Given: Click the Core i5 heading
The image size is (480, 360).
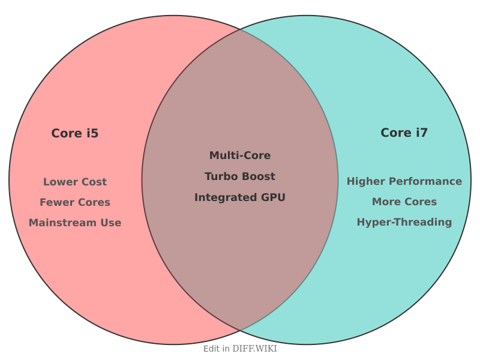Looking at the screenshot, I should pos(75,133).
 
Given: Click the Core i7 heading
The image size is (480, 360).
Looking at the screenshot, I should pos(404,133).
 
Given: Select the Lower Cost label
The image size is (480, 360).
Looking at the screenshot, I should pos(75,182).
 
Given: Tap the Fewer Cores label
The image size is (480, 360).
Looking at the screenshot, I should pos(75,202).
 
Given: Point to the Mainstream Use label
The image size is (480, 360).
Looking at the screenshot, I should pos(75,223).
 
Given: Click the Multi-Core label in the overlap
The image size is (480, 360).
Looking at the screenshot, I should pos(240,155).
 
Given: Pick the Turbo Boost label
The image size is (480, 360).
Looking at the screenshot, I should pos(240,176).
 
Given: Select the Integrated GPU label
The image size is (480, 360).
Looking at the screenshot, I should pos(240,197).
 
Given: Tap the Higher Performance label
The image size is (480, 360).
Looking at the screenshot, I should pos(404,181).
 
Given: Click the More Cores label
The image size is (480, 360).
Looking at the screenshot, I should pos(404,202).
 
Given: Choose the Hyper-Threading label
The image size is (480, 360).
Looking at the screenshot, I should pos(404,222).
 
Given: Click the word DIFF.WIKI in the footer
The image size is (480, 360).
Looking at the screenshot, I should pos(255,349).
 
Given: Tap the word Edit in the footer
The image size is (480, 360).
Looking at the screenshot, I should pos(211,349).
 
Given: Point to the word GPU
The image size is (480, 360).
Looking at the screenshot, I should pos(273,197).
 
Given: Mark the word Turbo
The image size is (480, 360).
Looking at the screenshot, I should pos(220,176).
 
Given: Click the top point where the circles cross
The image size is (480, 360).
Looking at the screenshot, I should pos(240,29).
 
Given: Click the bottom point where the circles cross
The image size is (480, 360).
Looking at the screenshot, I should pos(240,331).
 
